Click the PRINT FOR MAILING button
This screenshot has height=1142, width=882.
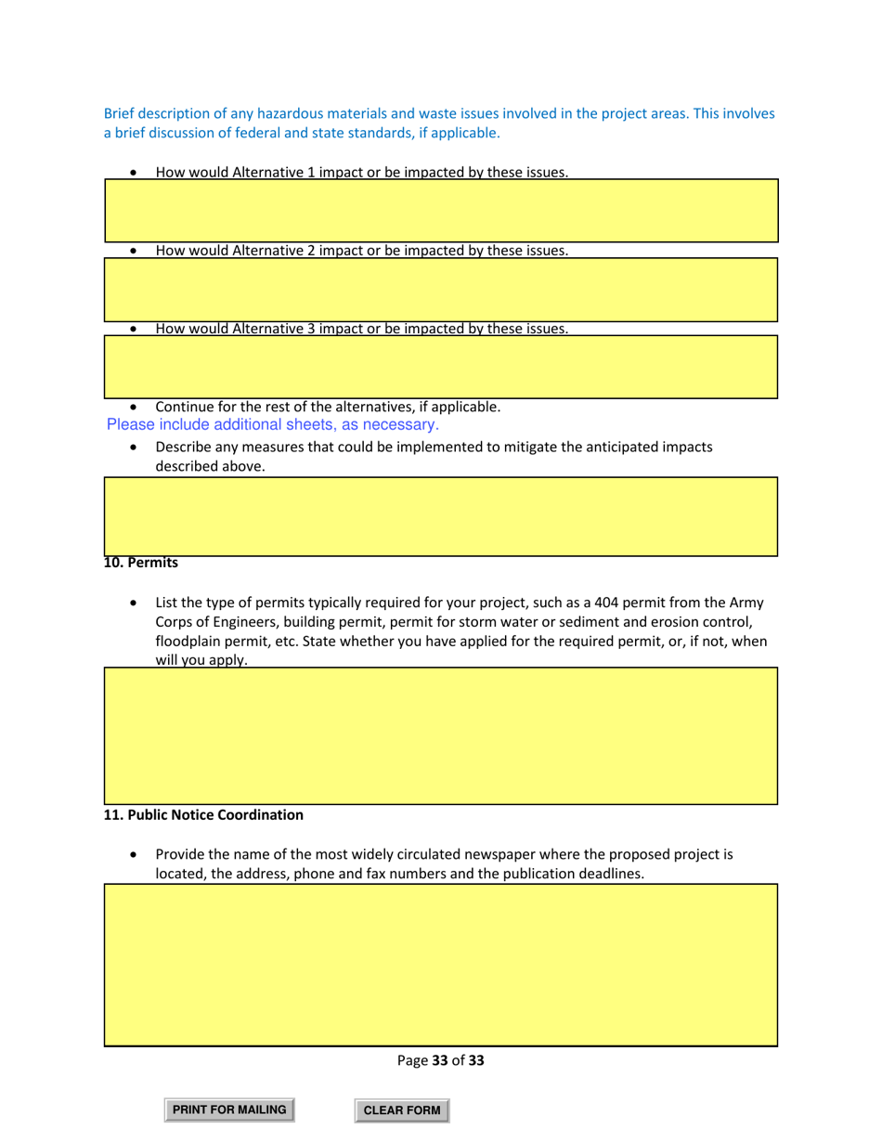(228, 1110)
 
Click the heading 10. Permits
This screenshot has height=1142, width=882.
(140, 563)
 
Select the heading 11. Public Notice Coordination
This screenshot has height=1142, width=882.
(203, 814)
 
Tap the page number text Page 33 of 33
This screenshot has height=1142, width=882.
(440, 1059)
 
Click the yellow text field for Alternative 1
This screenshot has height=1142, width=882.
(440, 211)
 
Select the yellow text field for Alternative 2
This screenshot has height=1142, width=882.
(440, 290)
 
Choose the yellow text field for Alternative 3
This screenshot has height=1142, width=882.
(440, 368)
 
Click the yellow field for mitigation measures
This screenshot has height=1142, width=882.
(440, 516)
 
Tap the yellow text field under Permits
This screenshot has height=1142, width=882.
(440, 734)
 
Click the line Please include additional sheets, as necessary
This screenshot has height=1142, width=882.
(272, 425)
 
